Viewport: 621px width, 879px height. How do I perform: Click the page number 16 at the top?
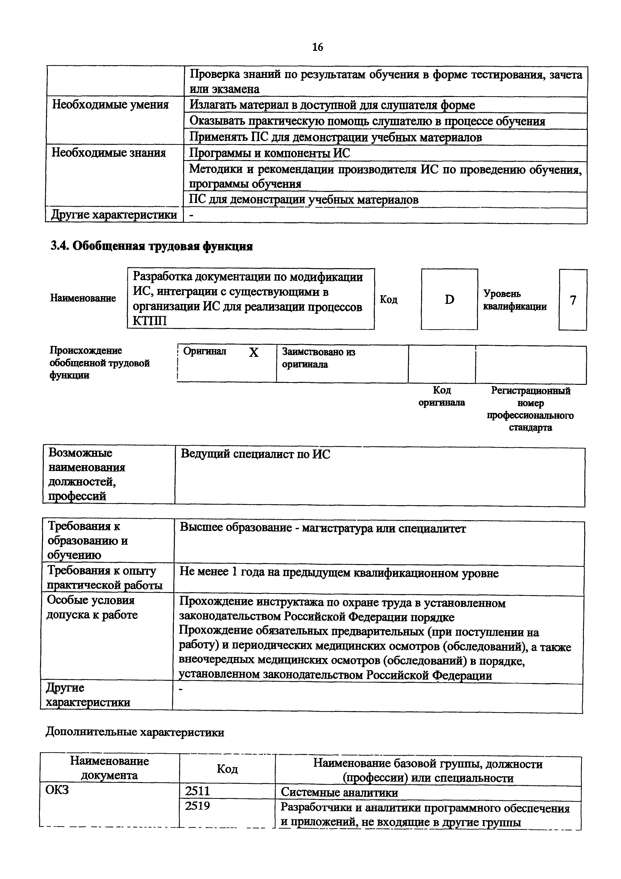click(x=317, y=47)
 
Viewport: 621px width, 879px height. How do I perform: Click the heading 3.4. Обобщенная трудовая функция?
click(x=152, y=246)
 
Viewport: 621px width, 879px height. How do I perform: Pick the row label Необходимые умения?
click(x=110, y=104)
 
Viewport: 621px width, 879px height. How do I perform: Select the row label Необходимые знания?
click(x=109, y=153)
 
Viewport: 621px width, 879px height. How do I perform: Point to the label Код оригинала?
click(x=442, y=396)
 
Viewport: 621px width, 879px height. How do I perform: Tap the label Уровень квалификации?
click(x=515, y=300)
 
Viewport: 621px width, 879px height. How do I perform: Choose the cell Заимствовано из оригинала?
click(x=318, y=358)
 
